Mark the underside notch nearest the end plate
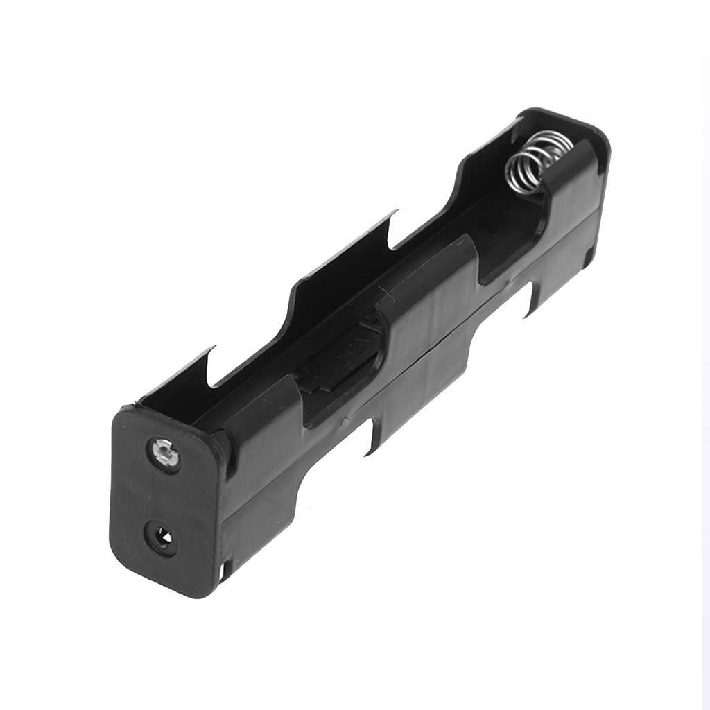click(x=374, y=433)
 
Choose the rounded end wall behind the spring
click(x=562, y=121)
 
